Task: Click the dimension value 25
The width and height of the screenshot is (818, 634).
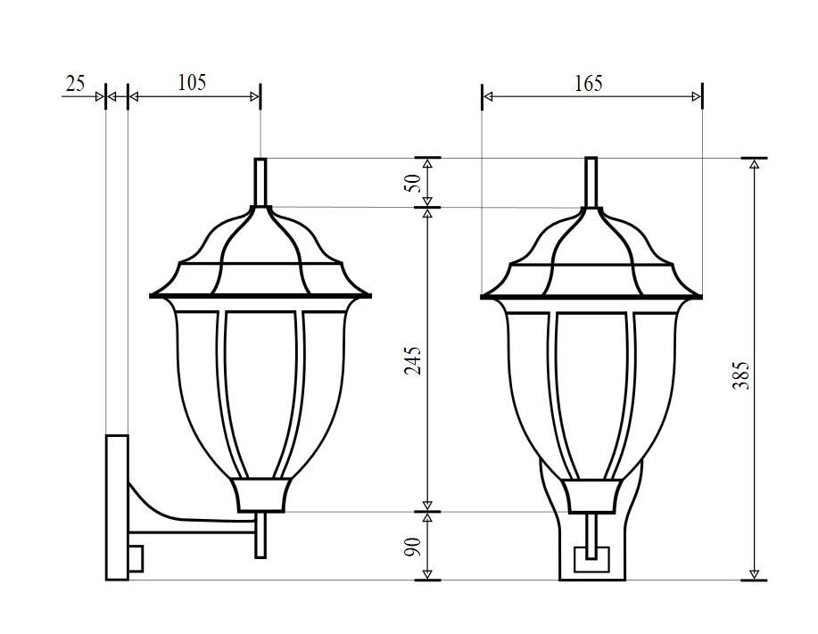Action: (x=75, y=84)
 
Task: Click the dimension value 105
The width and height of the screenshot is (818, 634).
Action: (x=192, y=83)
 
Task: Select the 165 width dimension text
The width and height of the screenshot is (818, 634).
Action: (x=588, y=84)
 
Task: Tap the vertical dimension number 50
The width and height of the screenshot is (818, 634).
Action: (x=412, y=184)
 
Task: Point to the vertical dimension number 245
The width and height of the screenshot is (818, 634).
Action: (x=412, y=359)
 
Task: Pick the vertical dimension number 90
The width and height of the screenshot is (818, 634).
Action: (x=412, y=547)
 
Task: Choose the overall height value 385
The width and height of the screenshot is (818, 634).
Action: (x=740, y=375)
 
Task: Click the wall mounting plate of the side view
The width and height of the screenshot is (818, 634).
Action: (x=116, y=504)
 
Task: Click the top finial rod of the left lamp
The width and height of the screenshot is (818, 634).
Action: (x=260, y=182)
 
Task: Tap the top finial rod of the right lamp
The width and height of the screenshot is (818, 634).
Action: (x=591, y=182)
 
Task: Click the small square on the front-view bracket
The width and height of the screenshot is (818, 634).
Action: (x=590, y=560)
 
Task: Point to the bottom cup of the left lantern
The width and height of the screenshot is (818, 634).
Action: (x=261, y=495)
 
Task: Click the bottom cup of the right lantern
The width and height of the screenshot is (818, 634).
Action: (x=590, y=496)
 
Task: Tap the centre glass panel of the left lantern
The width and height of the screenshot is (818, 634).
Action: (x=260, y=392)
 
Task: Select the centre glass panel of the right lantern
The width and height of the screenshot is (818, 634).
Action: (x=590, y=392)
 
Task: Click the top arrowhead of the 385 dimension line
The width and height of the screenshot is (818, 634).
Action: (x=755, y=164)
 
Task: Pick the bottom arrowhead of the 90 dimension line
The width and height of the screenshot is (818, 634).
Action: (x=428, y=574)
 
